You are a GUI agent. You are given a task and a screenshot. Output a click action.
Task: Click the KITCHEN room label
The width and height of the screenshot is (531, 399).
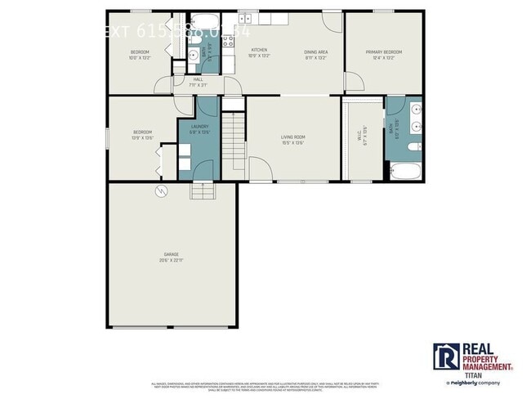258,50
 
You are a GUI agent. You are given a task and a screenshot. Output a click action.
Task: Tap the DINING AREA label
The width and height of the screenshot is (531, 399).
315,50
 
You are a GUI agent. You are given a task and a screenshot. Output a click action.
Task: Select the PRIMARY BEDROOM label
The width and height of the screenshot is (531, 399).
384,50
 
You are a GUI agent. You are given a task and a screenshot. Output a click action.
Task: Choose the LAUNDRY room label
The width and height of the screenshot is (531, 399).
199,126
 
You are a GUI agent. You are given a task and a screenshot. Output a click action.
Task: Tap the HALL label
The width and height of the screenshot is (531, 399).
198,78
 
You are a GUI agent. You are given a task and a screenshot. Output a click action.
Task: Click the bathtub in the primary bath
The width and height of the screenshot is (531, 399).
404,170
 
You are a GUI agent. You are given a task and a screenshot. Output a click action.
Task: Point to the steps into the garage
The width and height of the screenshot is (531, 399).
202,191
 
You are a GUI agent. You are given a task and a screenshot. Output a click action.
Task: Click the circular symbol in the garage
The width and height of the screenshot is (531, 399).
161,191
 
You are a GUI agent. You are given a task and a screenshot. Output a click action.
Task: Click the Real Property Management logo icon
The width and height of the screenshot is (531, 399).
446,357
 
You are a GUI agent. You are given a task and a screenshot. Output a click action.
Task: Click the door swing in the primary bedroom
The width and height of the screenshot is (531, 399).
353,82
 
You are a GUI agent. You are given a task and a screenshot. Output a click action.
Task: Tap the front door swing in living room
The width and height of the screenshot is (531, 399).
261,168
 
